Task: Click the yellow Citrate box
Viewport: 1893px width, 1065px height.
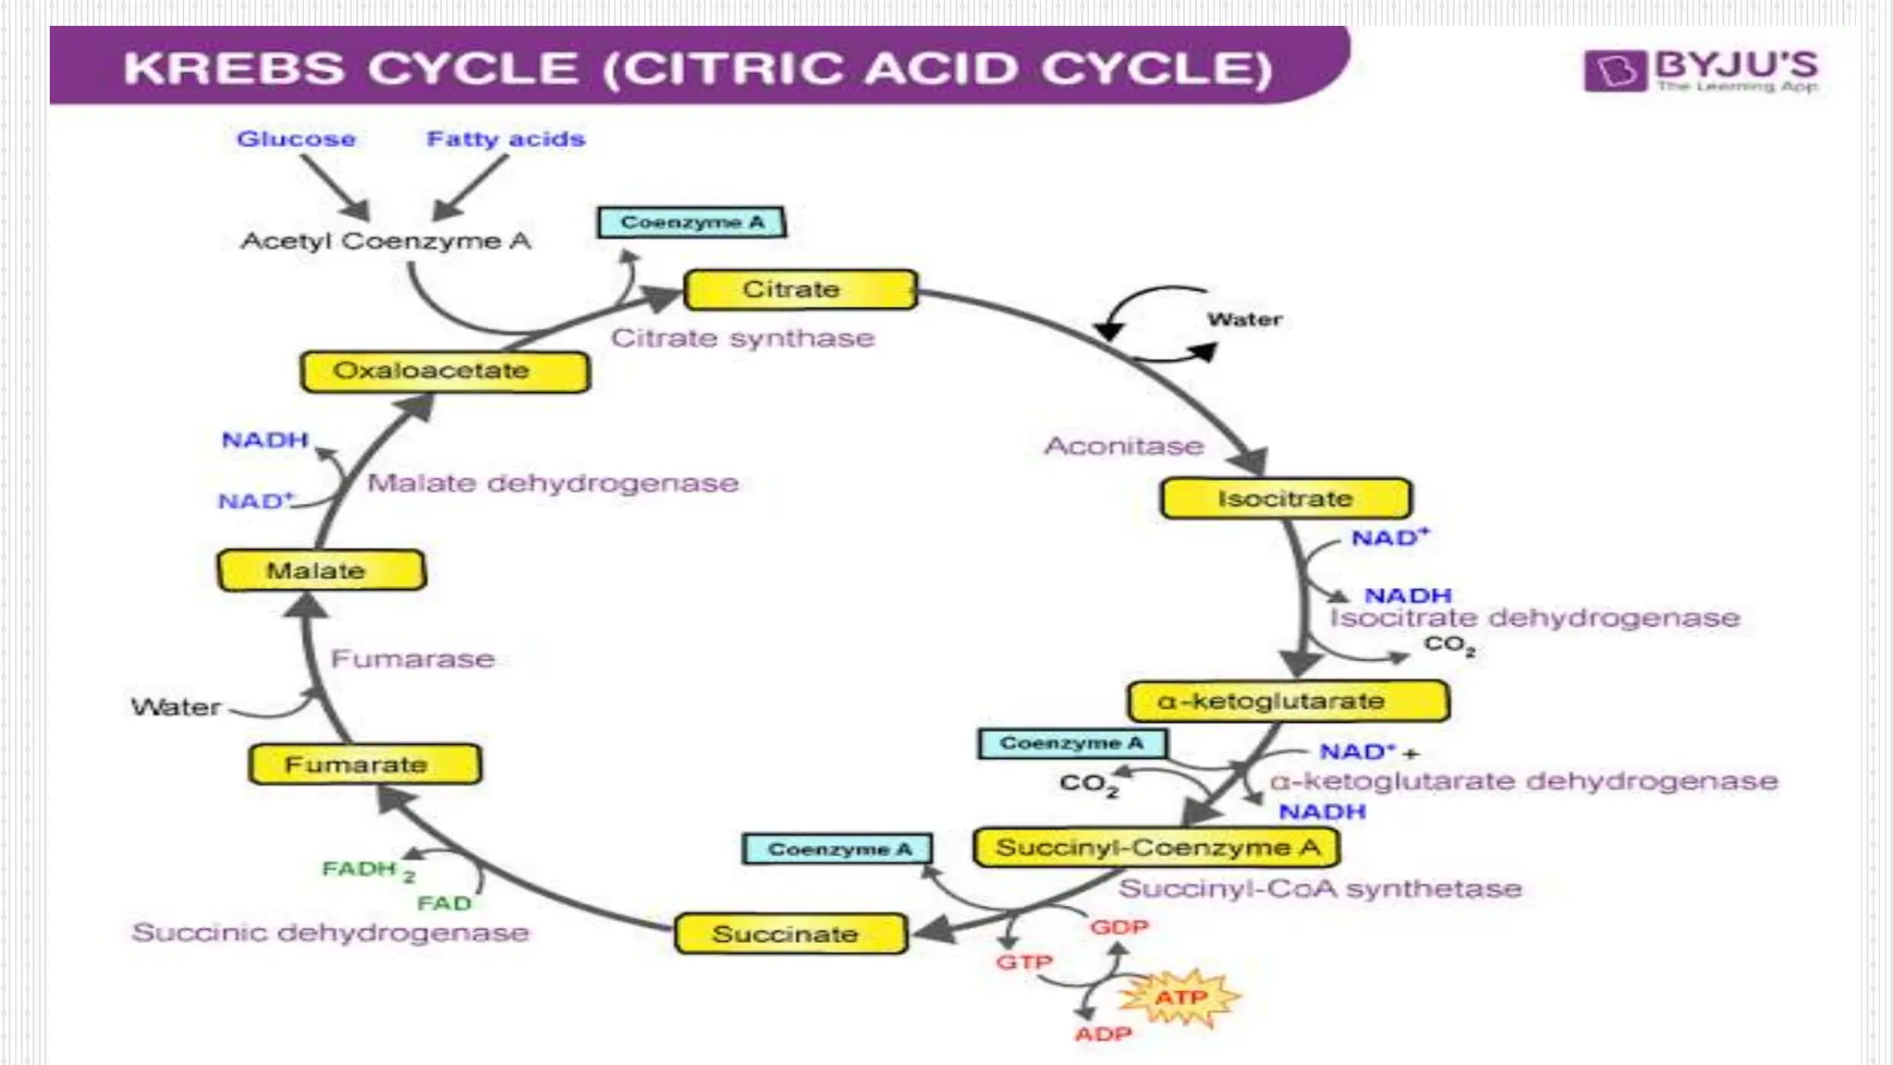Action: pyautogui.click(x=800, y=289)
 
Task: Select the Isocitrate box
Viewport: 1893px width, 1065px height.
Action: pyautogui.click(x=1286, y=498)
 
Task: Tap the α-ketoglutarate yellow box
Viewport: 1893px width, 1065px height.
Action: pyautogui.click(x=1288, y=702)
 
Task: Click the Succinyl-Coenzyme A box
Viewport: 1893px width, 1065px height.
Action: pyautogui.click(x=1156, y=847)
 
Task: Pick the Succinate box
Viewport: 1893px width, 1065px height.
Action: pyautogui.click(x=790, y=934)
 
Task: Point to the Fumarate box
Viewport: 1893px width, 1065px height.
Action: pyautogui.click(x=364, y=765)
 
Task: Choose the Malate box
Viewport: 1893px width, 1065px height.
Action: pyautogui.click(x=321, y=570)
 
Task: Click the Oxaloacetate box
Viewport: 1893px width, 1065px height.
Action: pyautogui.click(x=445, y=371)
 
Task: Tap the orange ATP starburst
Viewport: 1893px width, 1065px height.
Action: pyautogui.click(x=1179, y=998)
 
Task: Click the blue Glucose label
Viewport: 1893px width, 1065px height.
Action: pyautogui.click(x=296, y=139)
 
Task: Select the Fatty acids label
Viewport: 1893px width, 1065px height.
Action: pyautogui.click(x=506, y=139)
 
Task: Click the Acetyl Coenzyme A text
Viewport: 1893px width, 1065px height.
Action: pyautogui.click(x=385, y=241)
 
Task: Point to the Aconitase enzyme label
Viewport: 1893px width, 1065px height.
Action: pyautogui.click(x=1124, y=446)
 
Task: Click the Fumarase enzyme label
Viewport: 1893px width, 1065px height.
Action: pyautogui.click(x=412, y=658)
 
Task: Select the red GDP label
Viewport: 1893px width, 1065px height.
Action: pyautogui.click(x=1118, y=926)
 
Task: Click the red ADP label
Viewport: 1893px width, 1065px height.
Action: pyautogui.click(x=1103, y=1034)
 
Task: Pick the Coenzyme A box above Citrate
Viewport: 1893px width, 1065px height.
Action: pyautogui.click(x=691, y=223)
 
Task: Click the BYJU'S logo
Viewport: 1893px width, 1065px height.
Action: pyautogui.click(x=1701, y=70)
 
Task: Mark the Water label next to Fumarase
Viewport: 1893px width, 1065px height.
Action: pyautogui.click(x=176, y=707)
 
